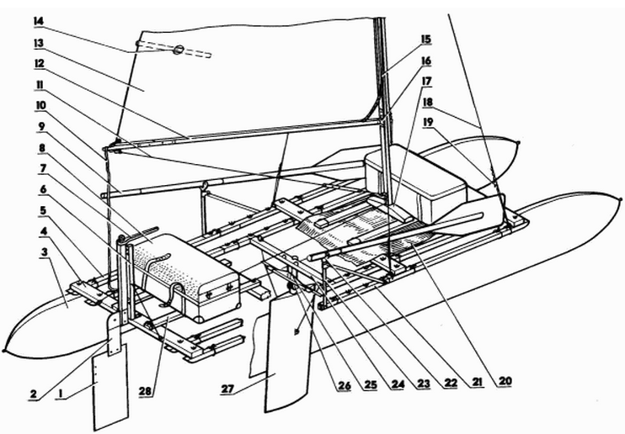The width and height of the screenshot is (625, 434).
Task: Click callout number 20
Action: [504, 380]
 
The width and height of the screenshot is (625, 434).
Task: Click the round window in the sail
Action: [178, 50]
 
